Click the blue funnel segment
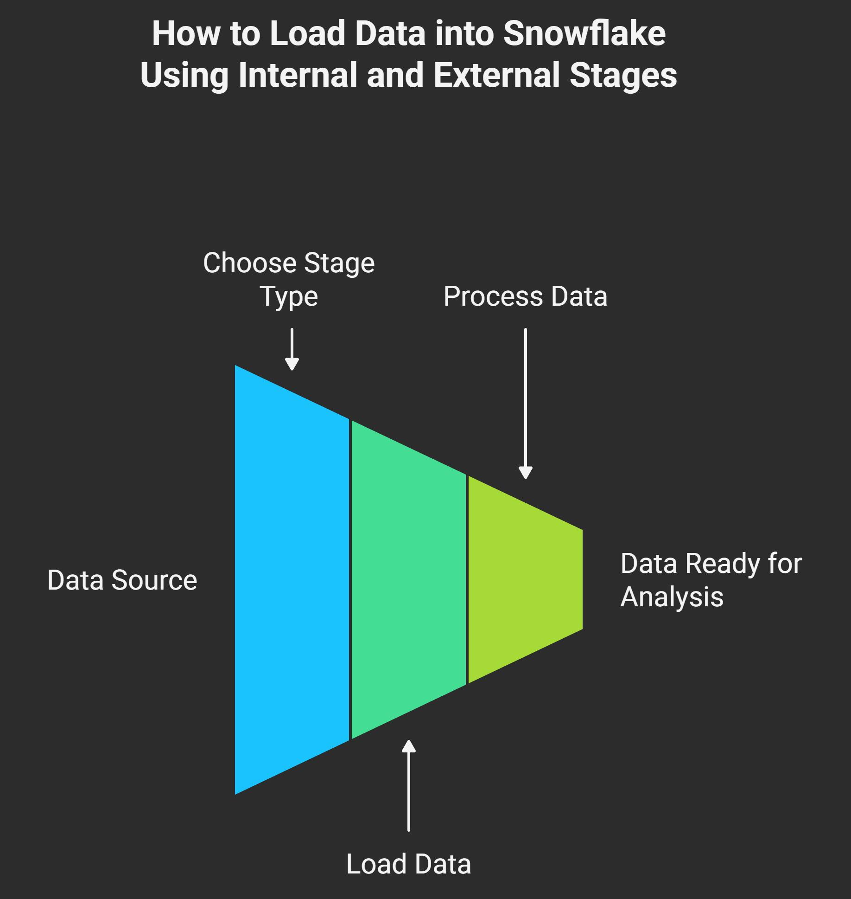pyautogui.click(x=292, y=579)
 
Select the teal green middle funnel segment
pyautogui.click(x=408, y=579)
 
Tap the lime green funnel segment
pyautogui.click(x=525, y=579)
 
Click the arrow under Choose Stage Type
pyautogui.click(x=292, y=349)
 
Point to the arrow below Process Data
pyautogui.click(x=526, y=404)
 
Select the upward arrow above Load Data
pyautogui.click(x=408, y=785)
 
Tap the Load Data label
pyautogui.click(x=409, y=864)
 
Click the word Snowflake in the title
pyautogui.click(x=584, y=33)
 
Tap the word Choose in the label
pyautogui.click(x=246, y=263)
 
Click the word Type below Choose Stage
pyautogui.click(x=289, y=297)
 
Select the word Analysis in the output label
pyautogui.click(x=672, y=597)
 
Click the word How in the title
pyautogui.click(x=186, y=33)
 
